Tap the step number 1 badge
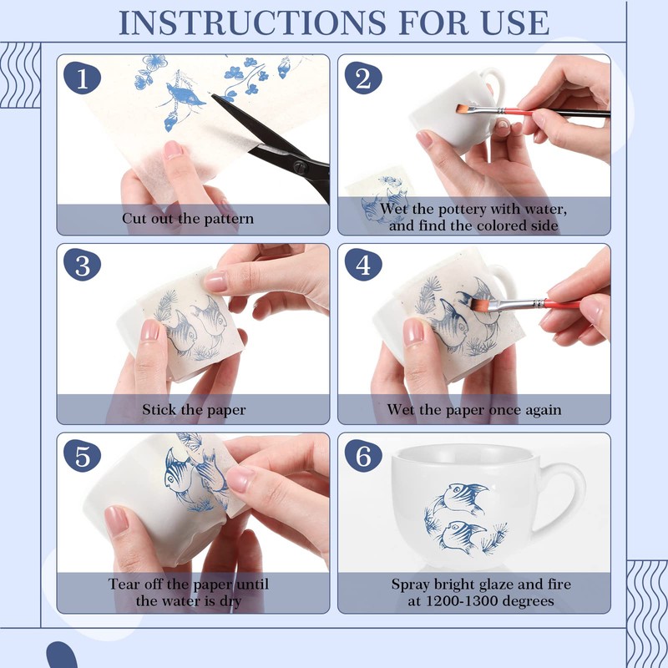click(82, 78)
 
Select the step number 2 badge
click(363, 78)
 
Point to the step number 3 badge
click(82, 265)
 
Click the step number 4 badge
click(363, 265)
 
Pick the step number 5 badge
click(82, 456)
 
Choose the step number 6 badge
click(363, 456)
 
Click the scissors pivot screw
click(301, 166)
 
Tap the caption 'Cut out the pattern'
click(187, 219)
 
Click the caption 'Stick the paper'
click(194, 410)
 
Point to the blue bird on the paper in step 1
click(185, 96)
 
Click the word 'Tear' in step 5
click(124, 584)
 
